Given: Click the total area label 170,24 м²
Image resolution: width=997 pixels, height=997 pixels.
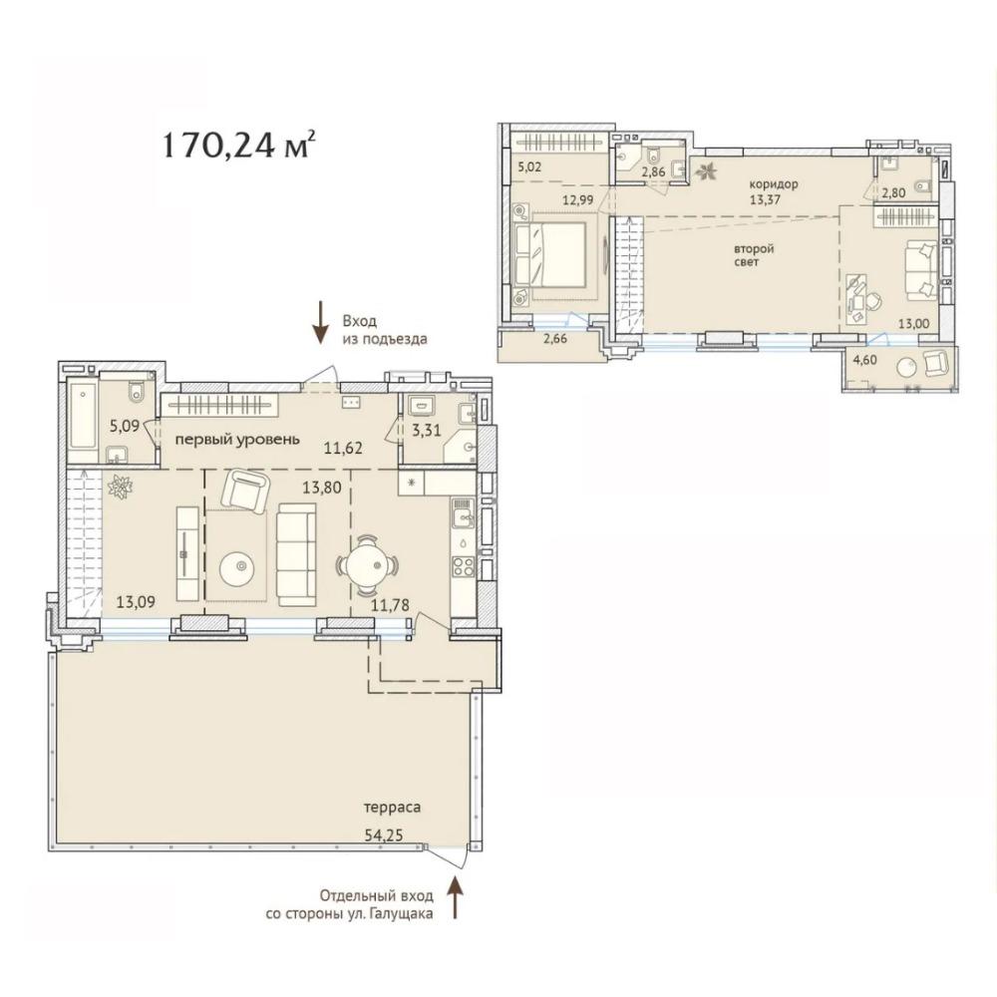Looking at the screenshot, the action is [238, 144].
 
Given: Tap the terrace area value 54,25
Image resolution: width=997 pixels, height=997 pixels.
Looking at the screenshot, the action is [384, 834].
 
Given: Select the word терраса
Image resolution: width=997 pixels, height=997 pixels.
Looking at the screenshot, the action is [392, 808].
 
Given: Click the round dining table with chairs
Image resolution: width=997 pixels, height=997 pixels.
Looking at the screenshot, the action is [368, 564].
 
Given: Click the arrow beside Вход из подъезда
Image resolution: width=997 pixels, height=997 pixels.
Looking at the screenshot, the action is [320, 322].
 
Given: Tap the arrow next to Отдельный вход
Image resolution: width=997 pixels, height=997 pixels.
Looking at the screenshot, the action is [456, 897].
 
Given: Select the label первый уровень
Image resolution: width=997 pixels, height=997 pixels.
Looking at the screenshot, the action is [237, 440].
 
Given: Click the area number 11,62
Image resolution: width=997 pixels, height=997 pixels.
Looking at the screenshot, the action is [342, 449].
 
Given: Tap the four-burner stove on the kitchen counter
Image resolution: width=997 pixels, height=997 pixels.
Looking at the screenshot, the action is [463, 566].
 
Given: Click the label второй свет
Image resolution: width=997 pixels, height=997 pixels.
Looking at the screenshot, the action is [754, 255].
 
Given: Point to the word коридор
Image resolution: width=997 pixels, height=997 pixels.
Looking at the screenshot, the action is [774, 184].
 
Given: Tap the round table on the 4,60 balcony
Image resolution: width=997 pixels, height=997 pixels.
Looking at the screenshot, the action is [905, 368].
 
